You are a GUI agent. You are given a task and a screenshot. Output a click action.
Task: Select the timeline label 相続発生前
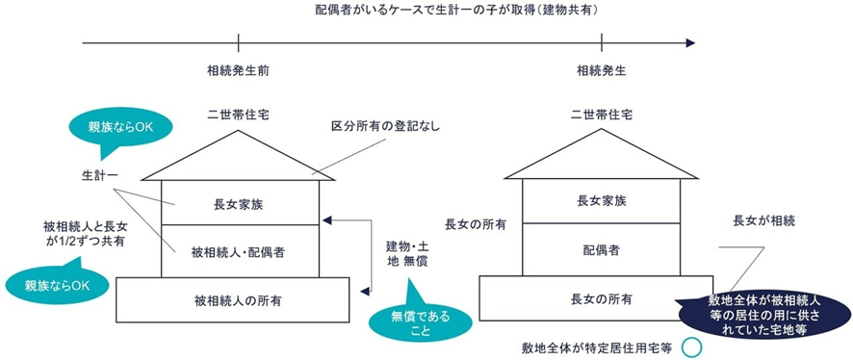pyautogui.click(x=238, y=70)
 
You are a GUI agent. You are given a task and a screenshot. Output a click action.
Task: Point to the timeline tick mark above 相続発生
pyautogui.click(x=602, y=42)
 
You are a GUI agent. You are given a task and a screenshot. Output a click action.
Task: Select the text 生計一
pyautogui.click(x=99, y=176)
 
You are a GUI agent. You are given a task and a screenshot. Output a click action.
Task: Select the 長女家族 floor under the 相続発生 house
pyautogui.click(x=602, y=200)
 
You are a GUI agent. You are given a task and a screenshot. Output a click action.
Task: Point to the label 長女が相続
pyautogui.click(x=763, y=221)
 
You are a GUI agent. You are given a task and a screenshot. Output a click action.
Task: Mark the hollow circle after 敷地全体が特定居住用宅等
pyautogui.click(x=689, y=347)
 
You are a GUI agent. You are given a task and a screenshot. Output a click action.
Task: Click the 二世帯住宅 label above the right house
pyautogui.click(x=602, y=114)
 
